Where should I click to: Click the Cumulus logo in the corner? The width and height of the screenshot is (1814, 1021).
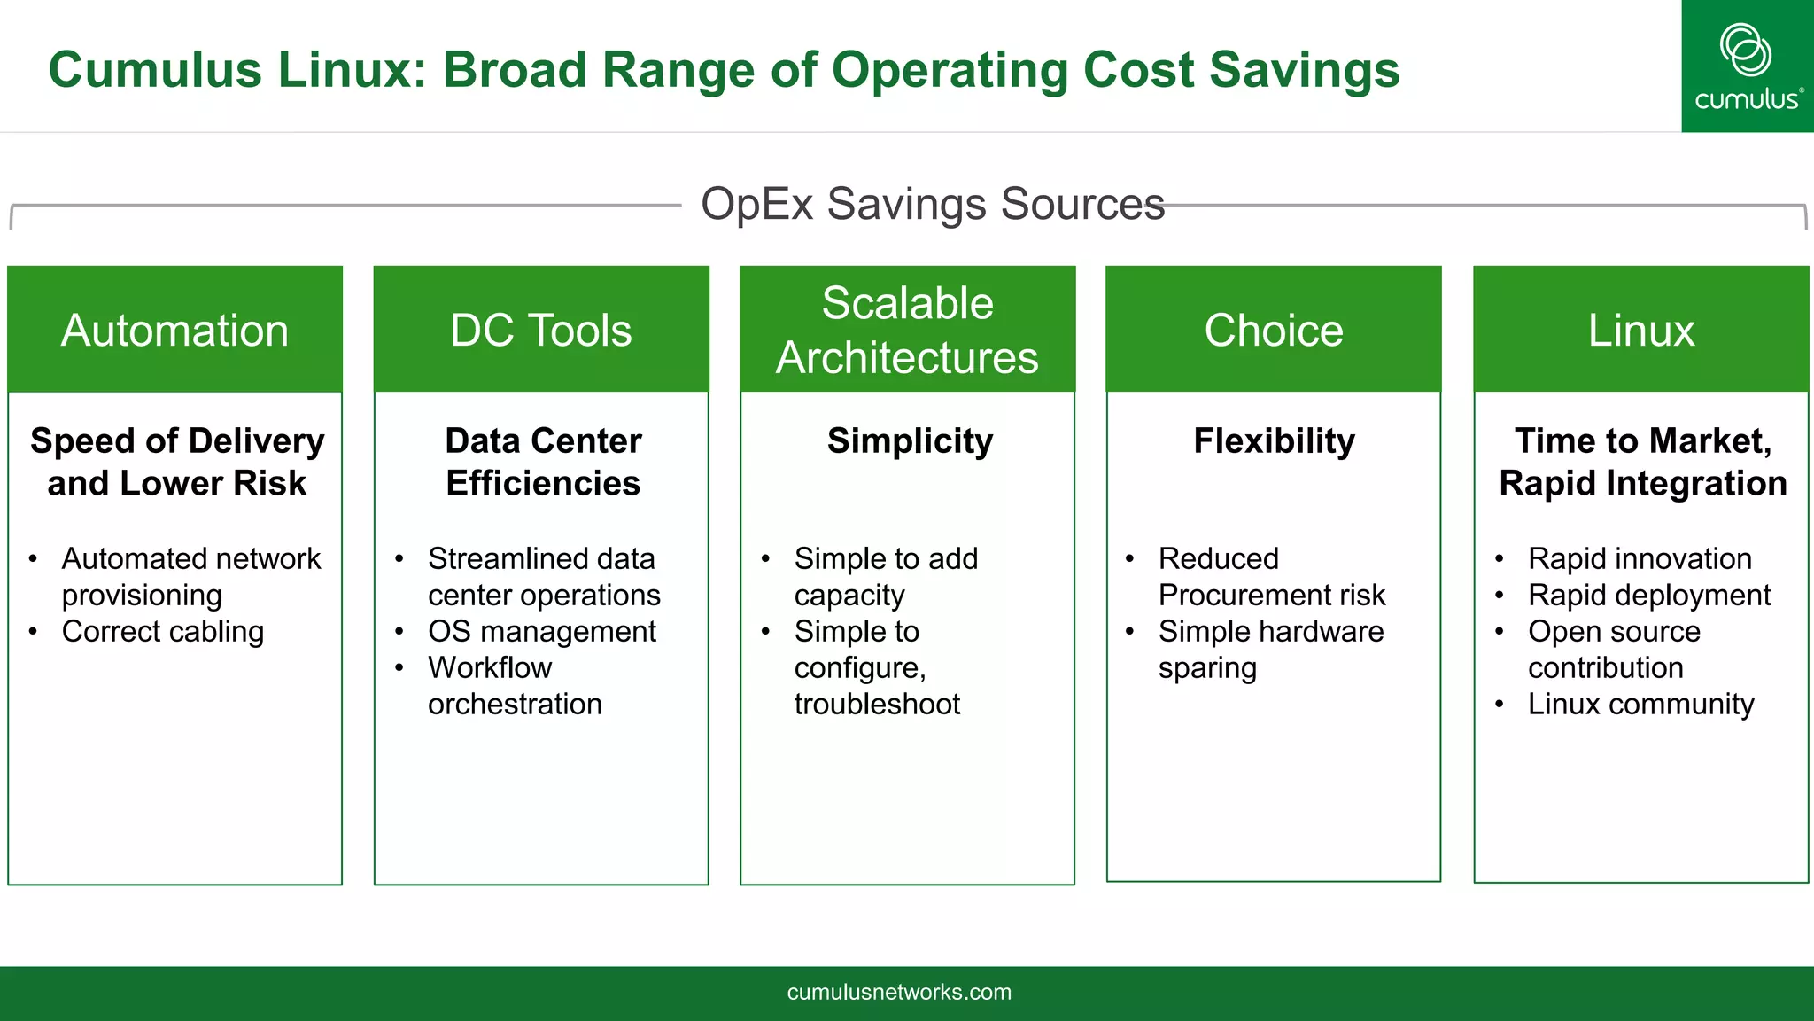1747,66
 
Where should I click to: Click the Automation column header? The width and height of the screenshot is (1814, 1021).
174,330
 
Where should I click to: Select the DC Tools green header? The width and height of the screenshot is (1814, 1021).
541,330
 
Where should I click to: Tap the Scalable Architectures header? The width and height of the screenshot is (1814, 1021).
907,330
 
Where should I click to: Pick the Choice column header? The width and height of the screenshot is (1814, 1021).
1274,330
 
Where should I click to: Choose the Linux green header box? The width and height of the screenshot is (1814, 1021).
1640,330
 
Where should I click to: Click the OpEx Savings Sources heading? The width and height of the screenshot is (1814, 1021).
932,204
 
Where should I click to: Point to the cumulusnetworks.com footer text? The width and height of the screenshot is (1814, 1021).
899,992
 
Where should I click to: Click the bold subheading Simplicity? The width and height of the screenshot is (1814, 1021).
910,440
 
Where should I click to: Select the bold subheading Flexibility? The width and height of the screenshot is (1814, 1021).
1274,440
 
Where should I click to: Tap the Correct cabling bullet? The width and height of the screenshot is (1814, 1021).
163,632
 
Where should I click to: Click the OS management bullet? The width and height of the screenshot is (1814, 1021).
541,632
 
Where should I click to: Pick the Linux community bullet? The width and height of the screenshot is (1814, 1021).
1640,705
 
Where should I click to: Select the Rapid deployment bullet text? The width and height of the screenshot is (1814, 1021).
1648,596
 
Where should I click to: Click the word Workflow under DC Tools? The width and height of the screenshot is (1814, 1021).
489,667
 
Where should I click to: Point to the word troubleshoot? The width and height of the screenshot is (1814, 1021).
877,705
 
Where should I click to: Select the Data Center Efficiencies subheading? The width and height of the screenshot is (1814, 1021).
543,462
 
